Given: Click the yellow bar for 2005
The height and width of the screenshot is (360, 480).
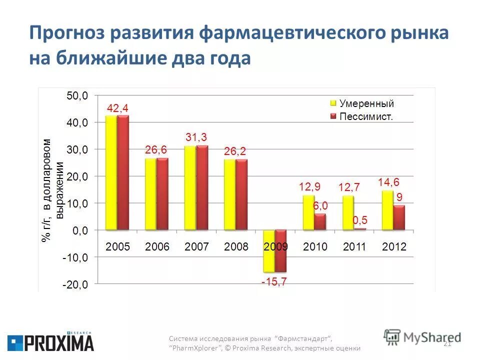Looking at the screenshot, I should [x=111, y=172].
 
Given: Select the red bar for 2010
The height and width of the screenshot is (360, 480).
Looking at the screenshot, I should [x=320, y=221].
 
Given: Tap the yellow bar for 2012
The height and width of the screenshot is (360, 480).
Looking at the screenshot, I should [x=387, y=210].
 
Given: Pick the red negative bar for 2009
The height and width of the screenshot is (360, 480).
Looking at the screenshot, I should [x=281, y=250].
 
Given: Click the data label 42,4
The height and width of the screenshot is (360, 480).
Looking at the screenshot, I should [x=118, y=108].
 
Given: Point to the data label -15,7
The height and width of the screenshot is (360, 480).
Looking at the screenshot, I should [x=274, y=282].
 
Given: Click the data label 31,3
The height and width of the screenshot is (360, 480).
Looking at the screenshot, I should [x=196, y=137].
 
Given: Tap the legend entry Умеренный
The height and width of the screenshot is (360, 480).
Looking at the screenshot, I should [x=366, y=103].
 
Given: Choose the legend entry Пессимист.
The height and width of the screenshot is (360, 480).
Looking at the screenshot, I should [x=366, y=116].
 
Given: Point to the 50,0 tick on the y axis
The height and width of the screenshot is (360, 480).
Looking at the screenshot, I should [x=77, y=96].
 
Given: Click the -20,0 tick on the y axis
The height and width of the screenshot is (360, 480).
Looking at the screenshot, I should [x=75, y=284].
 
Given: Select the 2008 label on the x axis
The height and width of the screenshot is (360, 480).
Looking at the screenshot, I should [x=236, y=246].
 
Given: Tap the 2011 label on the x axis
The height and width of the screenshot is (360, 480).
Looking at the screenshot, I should [x=354, y=246].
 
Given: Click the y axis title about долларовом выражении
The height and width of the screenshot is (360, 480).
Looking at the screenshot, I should [x=52, y=190].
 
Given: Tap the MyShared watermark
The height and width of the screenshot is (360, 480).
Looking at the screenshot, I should [x=422, y=337].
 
